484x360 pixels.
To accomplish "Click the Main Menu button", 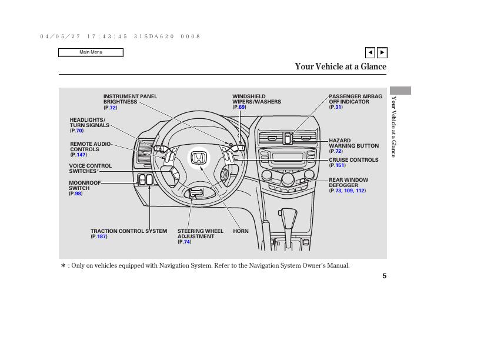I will (91, 52).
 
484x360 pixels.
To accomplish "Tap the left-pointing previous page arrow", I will (370, 52).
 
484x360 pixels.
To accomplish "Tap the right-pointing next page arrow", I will (382, 52).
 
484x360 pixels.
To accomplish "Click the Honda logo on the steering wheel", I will (198, 158).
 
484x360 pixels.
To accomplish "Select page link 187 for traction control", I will (102, 236).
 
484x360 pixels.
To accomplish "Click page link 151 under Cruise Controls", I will (340, 165).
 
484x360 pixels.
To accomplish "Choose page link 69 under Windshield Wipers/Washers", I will (242, 107).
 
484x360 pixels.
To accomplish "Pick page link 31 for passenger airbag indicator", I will (338, 107).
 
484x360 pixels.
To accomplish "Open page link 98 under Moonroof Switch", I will (78, 194).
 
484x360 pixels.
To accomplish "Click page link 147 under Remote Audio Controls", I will (81, 155).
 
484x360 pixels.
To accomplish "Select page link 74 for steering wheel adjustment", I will (187, 242).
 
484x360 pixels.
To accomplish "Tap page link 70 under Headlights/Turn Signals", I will (79, 131).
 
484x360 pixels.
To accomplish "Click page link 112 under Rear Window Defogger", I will (361, 191).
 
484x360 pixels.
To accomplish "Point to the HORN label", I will (241, 231).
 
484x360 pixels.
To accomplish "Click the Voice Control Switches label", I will (90, 168).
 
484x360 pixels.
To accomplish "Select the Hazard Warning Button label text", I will (353, 144).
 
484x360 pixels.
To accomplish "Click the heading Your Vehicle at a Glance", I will (341, 66).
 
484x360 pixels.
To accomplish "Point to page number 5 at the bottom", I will (384, 276).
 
